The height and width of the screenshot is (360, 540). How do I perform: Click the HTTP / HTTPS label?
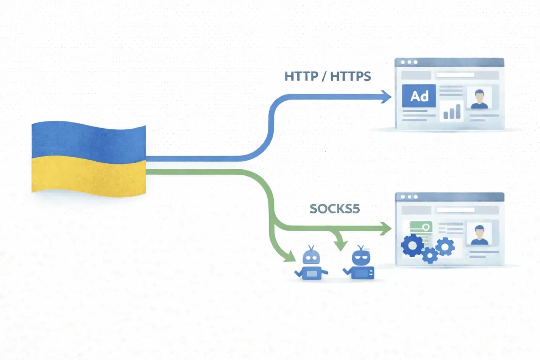328,76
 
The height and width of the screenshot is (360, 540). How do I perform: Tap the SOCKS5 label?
334,209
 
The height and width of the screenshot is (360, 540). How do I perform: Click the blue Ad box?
419,96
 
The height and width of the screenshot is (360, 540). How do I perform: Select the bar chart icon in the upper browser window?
452,111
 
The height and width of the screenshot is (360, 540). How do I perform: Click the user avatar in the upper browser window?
479,99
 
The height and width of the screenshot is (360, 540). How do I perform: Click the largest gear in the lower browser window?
413,245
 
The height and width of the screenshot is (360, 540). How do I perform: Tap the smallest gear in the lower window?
430,255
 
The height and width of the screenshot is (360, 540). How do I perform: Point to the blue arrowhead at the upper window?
387,97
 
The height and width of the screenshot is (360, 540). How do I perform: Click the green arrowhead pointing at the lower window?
386,229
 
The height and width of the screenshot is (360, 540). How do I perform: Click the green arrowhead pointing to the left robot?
290,256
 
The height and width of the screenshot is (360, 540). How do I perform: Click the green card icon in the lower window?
421,227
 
